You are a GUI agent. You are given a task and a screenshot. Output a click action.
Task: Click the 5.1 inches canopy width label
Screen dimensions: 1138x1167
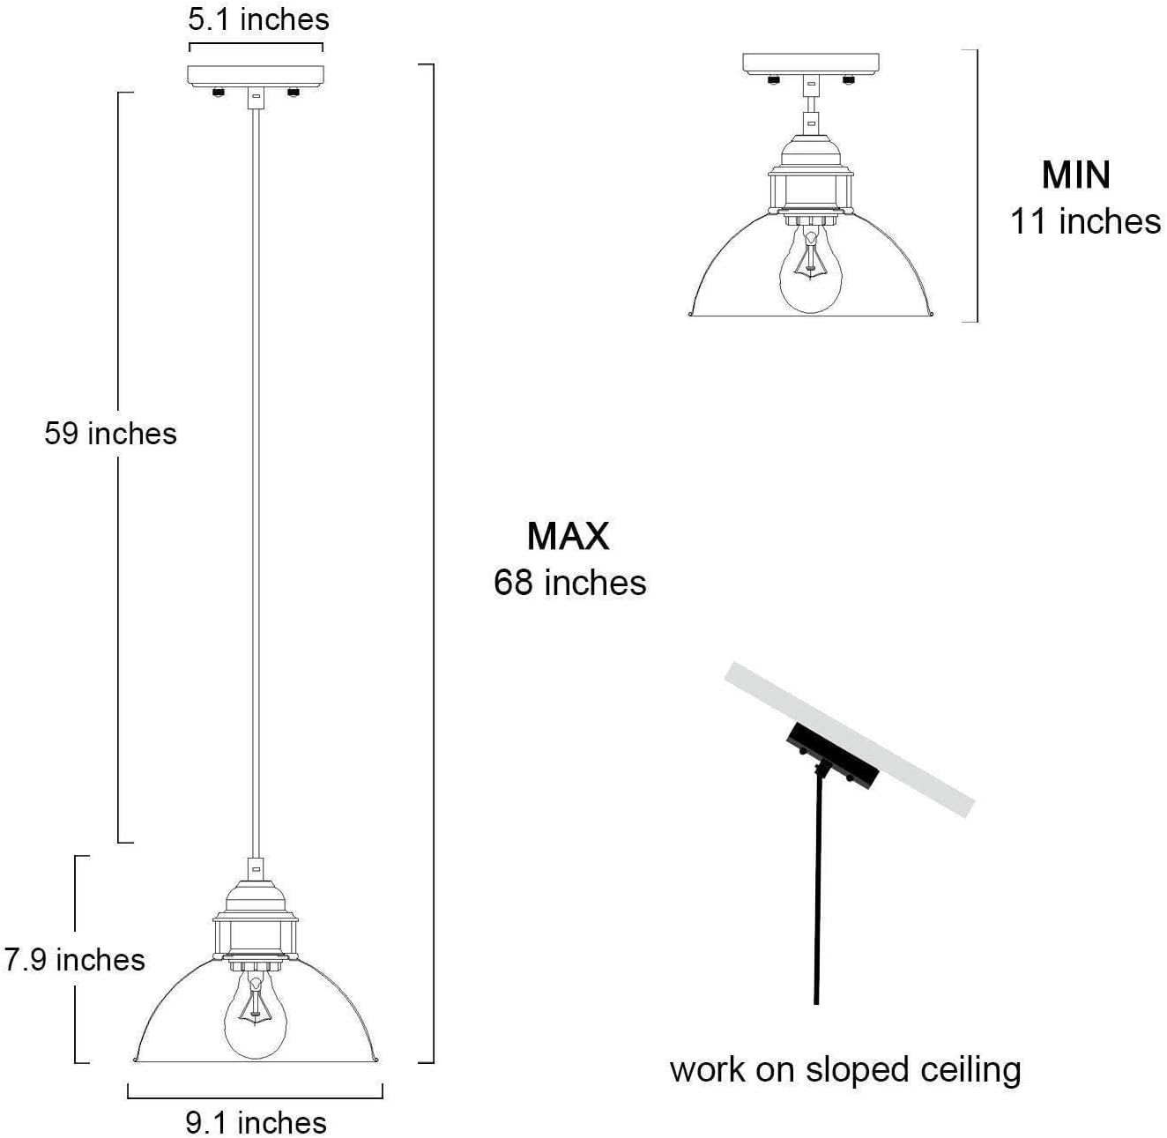pos(258,19)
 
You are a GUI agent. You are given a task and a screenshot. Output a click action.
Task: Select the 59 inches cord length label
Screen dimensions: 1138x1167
pos(111,434)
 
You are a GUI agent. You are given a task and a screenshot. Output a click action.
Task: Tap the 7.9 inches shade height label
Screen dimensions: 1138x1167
pos(74,959)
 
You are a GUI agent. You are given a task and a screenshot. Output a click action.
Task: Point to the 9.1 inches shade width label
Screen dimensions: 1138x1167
pos(256,1122)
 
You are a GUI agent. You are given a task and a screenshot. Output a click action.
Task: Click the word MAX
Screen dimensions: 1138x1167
pos(569,536)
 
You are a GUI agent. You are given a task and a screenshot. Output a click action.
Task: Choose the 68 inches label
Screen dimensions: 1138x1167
pos(569,583)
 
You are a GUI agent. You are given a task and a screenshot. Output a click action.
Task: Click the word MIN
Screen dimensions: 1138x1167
pos(1075,175)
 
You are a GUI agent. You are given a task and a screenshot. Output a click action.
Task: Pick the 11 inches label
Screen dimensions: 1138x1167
pos(1084,221)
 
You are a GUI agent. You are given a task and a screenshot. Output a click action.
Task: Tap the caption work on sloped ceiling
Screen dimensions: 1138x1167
pos(845,1069)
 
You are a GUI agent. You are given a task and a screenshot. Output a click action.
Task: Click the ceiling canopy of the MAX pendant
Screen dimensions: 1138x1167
pos(256,74)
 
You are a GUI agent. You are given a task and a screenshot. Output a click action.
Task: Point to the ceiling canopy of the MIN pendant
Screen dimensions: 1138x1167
pos(811,63)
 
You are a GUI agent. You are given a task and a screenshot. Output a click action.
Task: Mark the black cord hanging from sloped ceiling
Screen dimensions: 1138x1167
pos(818,890)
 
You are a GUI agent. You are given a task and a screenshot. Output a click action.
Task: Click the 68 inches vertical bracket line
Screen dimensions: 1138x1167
pos(433,564)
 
